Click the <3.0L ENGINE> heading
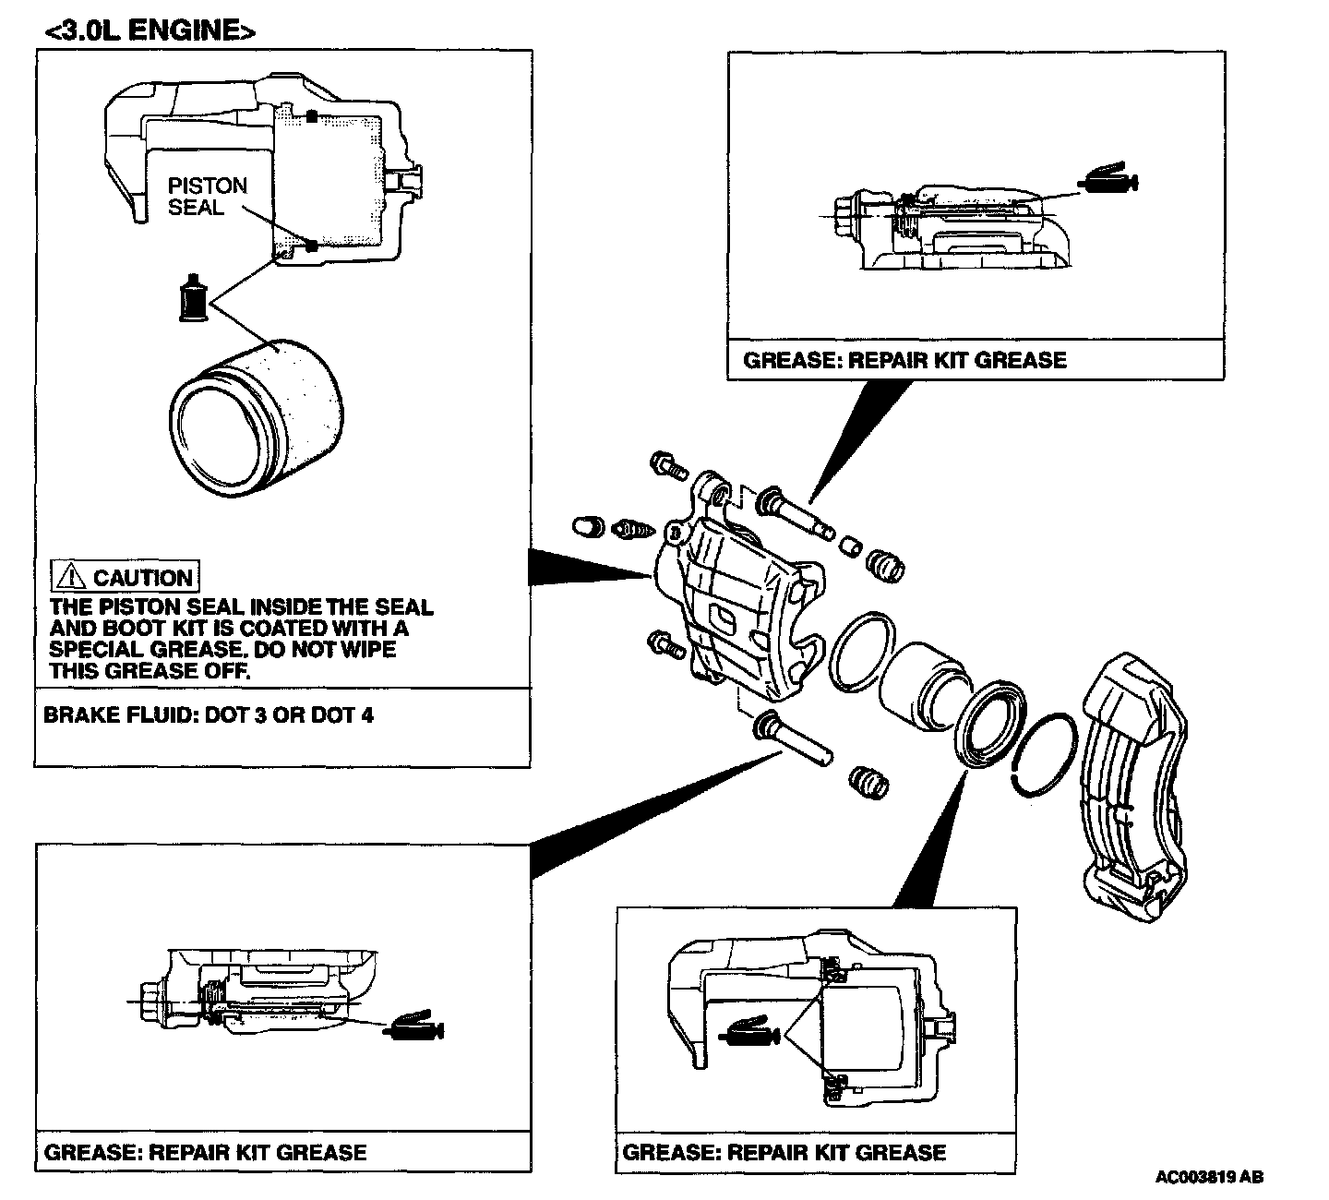pyautogui.click(x=149, y=30)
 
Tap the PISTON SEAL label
pyautogui.click(x=208, y=196)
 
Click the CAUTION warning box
pyautogui.click(x=125, y=578)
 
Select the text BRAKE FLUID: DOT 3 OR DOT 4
pyautogui.click(x=209, y=715)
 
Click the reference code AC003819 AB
pyautogui.click(x=1209, y=1177)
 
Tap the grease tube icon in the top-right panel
pyautogui.click(x=1110, y=180)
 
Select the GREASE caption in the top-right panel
pyautogui.click(x=904, y=360)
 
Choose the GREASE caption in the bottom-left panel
pyautogui.click(x=205, y=1152)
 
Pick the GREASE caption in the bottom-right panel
pyautogui.click(x=784, y=1152)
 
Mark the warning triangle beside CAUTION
pyautogui.click(x=70, y=578)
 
